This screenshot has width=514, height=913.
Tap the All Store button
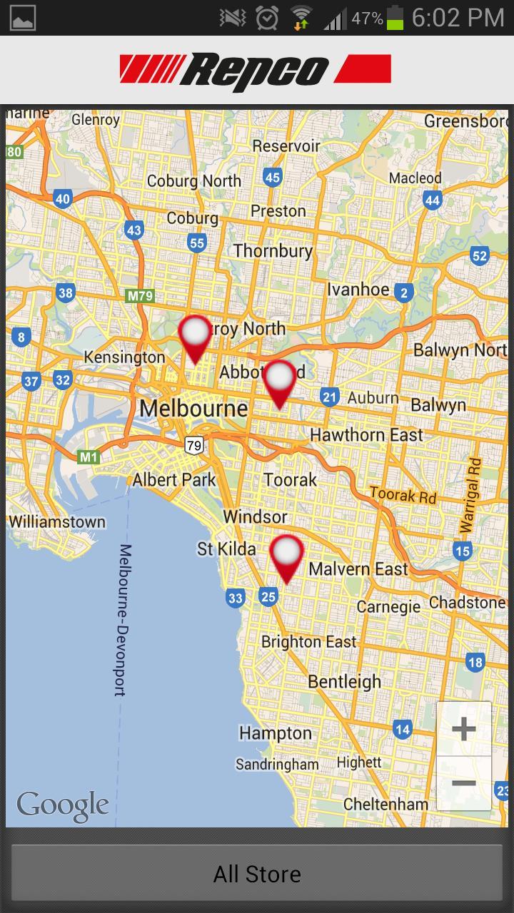pyautogui.click(x=257, y=874)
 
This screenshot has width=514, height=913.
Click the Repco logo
pyautogui.click(x=256, y=71)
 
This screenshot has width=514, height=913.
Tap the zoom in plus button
pyautogui.click(x=463, y=729)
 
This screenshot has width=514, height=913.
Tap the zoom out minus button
pyautogui.click(x=463, y=783)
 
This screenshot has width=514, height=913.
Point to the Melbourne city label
pyautogui.click(x=193, y=409)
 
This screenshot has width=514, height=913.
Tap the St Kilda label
pyautogui.click(x=226, y=549)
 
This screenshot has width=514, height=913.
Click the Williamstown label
pyautogui.click(x=57, y=521)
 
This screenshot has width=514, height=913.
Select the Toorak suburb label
pyautogui.click(x=290, y=479)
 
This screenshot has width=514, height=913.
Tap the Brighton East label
pyautogui.click(x=308, y=642)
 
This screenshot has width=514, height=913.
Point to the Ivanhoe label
pyautogui.click(x=358, y=290)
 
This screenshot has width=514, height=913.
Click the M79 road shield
pyautogui.click(x=139, y=295)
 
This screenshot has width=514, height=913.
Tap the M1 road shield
pyautogui.click(x=89, y=457)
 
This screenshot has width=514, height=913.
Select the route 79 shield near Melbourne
pyautogui.click(x=193, y=446)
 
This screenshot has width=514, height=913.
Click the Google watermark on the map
pyautogui.click(x=63, y=805)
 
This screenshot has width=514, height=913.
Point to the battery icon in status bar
pyautogui.click(x=395, y=18)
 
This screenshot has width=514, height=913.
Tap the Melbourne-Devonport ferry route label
pyautogui.click(x=123, y=619)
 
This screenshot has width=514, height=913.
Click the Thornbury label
pyautogui.click(x=273, y=251)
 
